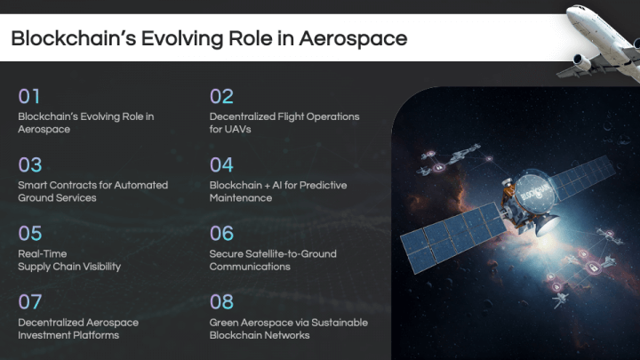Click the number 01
tap(29, 96)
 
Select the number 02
tap(221, 96)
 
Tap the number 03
tap(30, 164)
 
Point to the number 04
tap(222, 164)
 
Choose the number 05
tap(30, 233)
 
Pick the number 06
tap(222, 233)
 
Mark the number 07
tap(30, 301)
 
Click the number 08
tap(222, 301)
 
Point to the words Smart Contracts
tap(53, 185)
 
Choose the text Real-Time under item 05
tap(42, 253)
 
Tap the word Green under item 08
tap(225, 322)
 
